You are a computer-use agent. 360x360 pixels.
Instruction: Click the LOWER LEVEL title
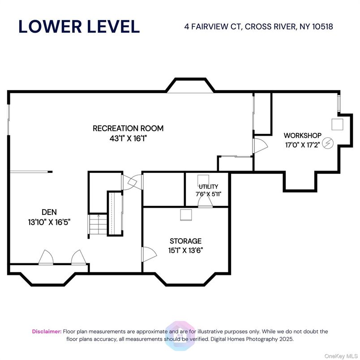pyautogui.click(x=79, y=26)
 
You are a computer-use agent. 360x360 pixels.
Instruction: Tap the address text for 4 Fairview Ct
pyautogui.click(x=259, y=26)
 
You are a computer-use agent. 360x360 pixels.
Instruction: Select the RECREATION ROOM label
pyautogui.click(x=128, y=129)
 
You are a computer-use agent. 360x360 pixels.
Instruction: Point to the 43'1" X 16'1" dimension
pyautogui.click(x=128, y=138)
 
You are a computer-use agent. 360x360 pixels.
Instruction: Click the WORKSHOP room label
pyautogui.click(x=303, y=135)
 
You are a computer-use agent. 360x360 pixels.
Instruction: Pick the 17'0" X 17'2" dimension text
pyautogui.click(x=303, y=145)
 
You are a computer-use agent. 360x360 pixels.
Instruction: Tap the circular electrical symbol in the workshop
pyautogui.click(x=328, y=143)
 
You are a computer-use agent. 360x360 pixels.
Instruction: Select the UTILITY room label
pyautogui.click(x=208, y=186)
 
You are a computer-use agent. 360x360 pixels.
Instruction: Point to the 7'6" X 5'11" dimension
pyautogui.click(x=208, y=194)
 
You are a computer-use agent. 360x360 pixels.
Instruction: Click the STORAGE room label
pyautogui.click(x=185, y=241)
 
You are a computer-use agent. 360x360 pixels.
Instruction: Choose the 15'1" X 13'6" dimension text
pyautogui.click(x=185, y=251)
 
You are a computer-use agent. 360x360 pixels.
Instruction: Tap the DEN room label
pyautogui.click(x=49, y=212)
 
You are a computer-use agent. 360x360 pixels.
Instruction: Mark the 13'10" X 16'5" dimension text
pyautogui.click(x=49, y=221)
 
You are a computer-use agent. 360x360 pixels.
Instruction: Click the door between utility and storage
pyautogui.click(x=205, y=204)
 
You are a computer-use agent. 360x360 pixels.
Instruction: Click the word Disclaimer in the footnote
pyautogui.click(x=47, y=331)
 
